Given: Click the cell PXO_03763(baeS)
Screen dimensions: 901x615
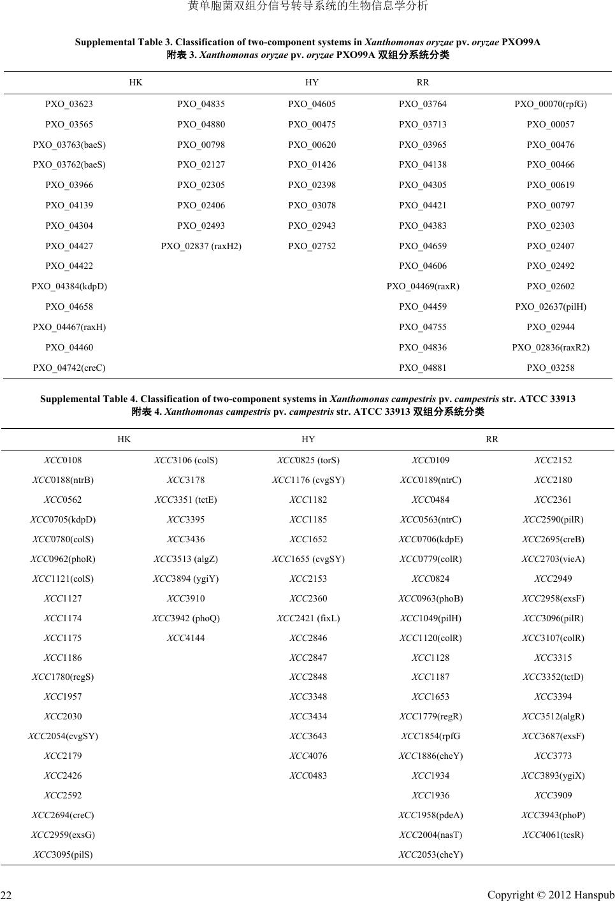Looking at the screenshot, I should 69,145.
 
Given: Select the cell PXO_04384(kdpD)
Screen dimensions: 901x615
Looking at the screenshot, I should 69,286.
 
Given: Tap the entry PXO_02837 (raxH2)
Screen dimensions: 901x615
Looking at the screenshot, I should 201,246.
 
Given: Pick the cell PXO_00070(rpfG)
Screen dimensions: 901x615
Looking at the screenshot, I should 551,104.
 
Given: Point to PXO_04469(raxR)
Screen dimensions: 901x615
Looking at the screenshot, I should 423,286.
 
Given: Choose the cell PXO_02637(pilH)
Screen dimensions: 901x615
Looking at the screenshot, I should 551,306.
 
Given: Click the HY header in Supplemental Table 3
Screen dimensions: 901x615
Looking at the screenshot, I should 312,82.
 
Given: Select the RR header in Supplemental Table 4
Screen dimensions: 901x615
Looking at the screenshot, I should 492,439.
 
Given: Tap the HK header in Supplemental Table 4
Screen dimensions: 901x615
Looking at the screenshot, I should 124,439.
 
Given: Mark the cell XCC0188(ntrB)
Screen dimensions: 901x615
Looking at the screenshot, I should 63,480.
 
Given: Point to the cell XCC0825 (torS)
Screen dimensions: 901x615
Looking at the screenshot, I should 308,460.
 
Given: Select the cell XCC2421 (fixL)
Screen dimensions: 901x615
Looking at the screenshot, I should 308,618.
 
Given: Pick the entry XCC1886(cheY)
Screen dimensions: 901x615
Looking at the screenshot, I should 431,756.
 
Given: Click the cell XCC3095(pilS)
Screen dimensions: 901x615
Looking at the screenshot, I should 63,854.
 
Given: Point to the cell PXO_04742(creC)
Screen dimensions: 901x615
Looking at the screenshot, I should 69,368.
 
